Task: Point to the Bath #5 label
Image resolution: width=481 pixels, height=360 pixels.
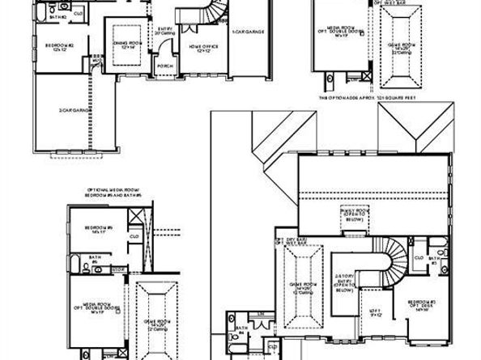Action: (x=94, y=260)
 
